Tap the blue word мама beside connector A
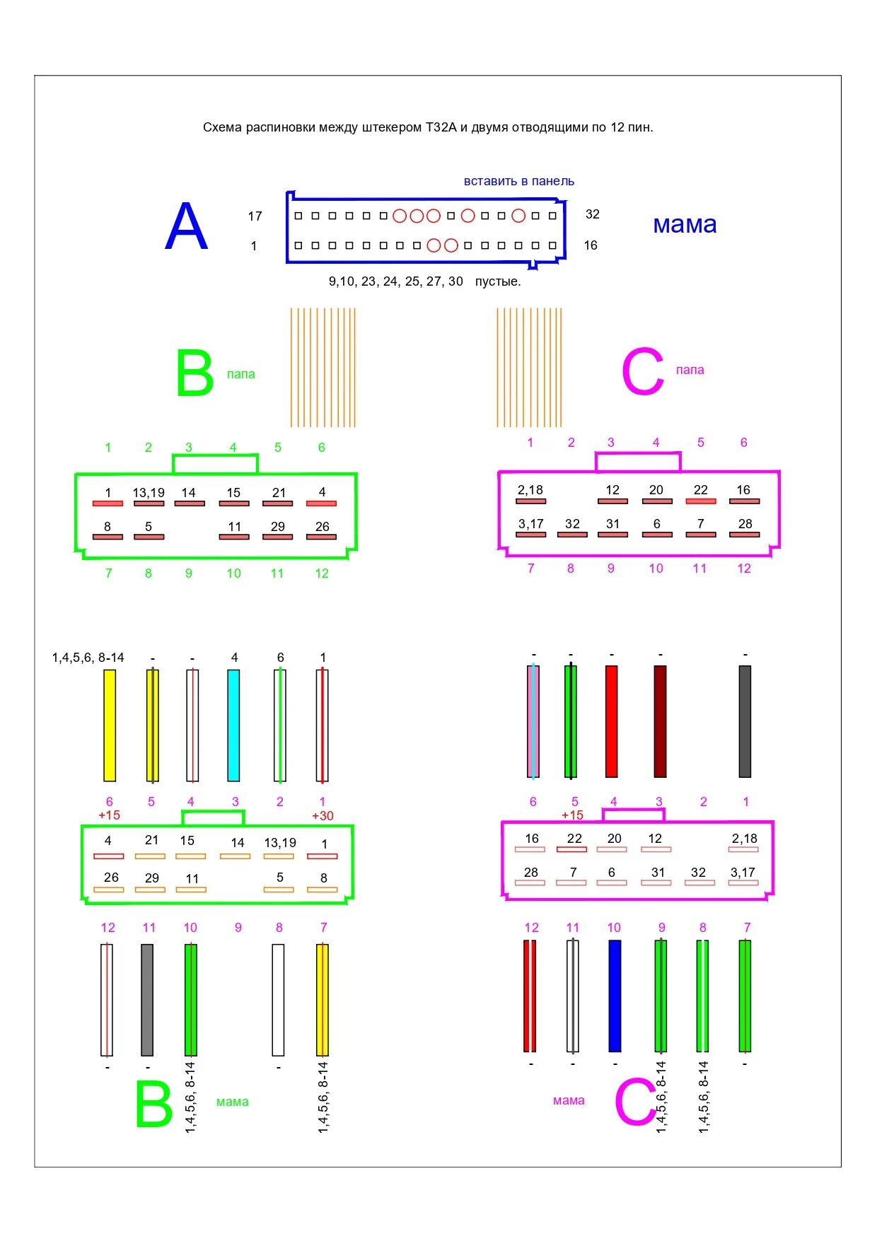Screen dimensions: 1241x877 click(684, 225)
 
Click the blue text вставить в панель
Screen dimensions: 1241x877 click(518, 181)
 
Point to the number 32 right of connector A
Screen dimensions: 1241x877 click(592, 214)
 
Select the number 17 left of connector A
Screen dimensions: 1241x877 click(255, 216)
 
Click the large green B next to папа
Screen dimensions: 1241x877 click(194, 373)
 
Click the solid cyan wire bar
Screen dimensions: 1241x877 click(233, 725)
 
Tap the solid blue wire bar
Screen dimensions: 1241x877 click(615, 996)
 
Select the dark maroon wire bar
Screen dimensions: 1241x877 click(660, 721)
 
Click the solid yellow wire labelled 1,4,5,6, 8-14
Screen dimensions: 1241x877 click(110, 725)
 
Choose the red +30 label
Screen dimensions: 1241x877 click(323, 815)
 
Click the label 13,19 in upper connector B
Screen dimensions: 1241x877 click(149, 493)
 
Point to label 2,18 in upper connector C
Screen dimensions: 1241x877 click(530, 490)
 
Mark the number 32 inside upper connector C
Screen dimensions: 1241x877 click(572, 524)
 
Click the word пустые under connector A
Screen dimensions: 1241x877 click(497, 281)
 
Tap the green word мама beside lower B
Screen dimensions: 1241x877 click(232, 1102)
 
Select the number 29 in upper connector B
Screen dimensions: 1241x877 click(278, 527)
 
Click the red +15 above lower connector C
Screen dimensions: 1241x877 click(572, 815)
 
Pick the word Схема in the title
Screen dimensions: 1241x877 click(222, 127)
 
